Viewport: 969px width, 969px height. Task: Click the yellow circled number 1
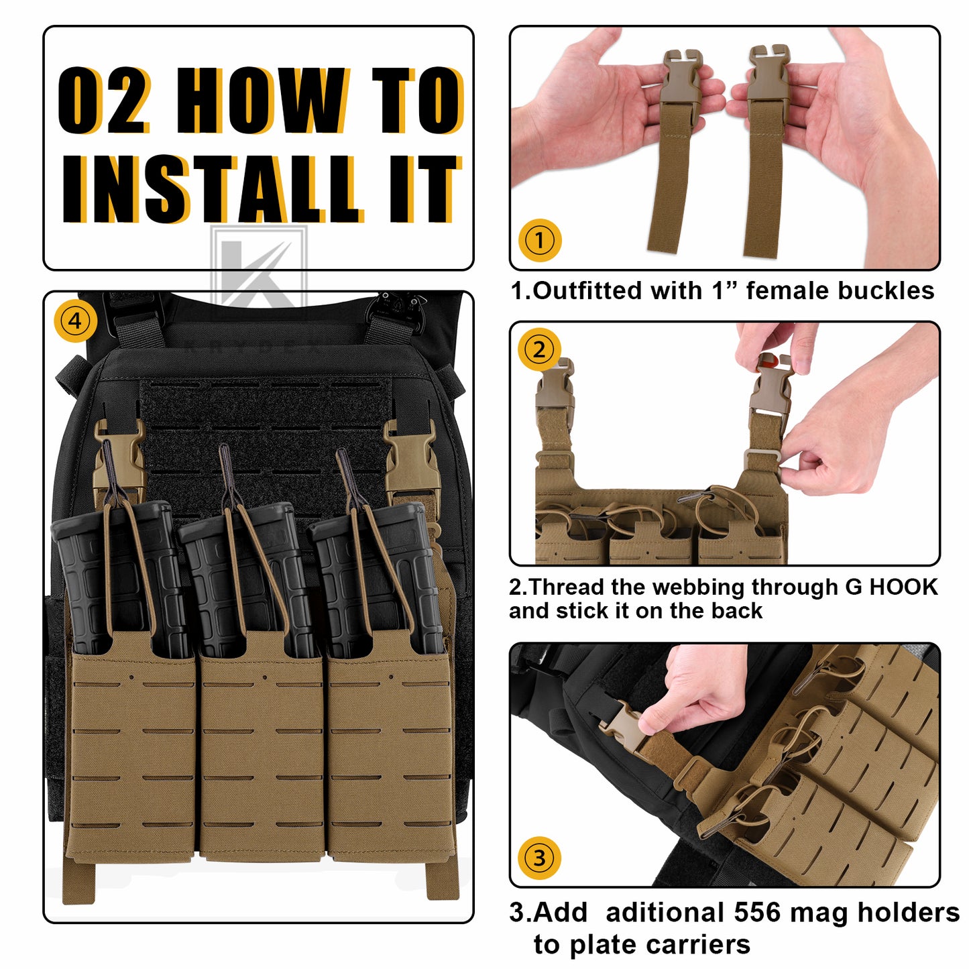[540, 240]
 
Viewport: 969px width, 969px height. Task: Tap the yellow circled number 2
[540, 349]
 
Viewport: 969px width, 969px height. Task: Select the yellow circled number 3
[540, 858]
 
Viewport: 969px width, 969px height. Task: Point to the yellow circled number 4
[75, 321]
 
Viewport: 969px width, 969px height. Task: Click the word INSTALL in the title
[211, 188]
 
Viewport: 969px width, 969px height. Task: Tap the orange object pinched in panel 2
[771, 360]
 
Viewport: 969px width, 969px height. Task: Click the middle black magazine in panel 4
[246, 578]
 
